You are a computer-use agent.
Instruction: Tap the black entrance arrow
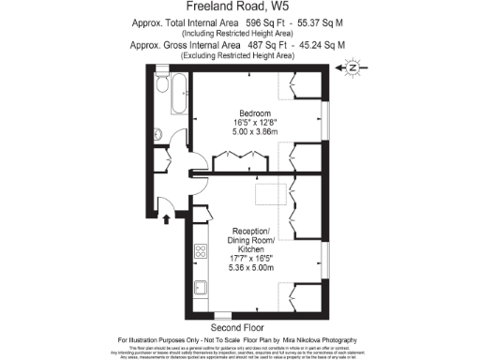tap(167, 219)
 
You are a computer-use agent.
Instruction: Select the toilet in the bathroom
tap(157, 132)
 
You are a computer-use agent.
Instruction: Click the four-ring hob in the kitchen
tap(200, 251)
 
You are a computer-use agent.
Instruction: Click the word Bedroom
tap(249, 112)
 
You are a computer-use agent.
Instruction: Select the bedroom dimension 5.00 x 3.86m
tap(249, 133)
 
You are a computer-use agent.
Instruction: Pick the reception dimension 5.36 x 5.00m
tap(250, 267)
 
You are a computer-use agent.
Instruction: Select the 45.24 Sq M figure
tap(320, 45)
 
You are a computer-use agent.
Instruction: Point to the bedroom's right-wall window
tap(326, 119)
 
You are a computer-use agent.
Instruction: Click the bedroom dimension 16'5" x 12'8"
tap(249, 123)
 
